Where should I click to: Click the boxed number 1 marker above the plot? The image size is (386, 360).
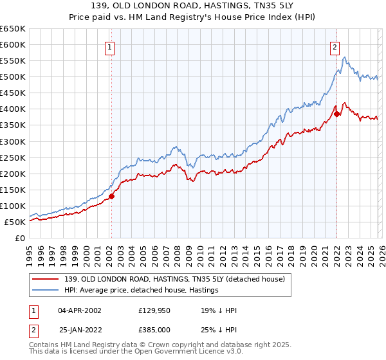(x=111, y=46)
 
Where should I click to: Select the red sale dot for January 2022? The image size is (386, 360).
(x=336, y=114)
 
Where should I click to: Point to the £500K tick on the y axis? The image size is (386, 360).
(x=13, y=77)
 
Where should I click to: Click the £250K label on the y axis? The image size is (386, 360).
(x=13, y=157)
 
